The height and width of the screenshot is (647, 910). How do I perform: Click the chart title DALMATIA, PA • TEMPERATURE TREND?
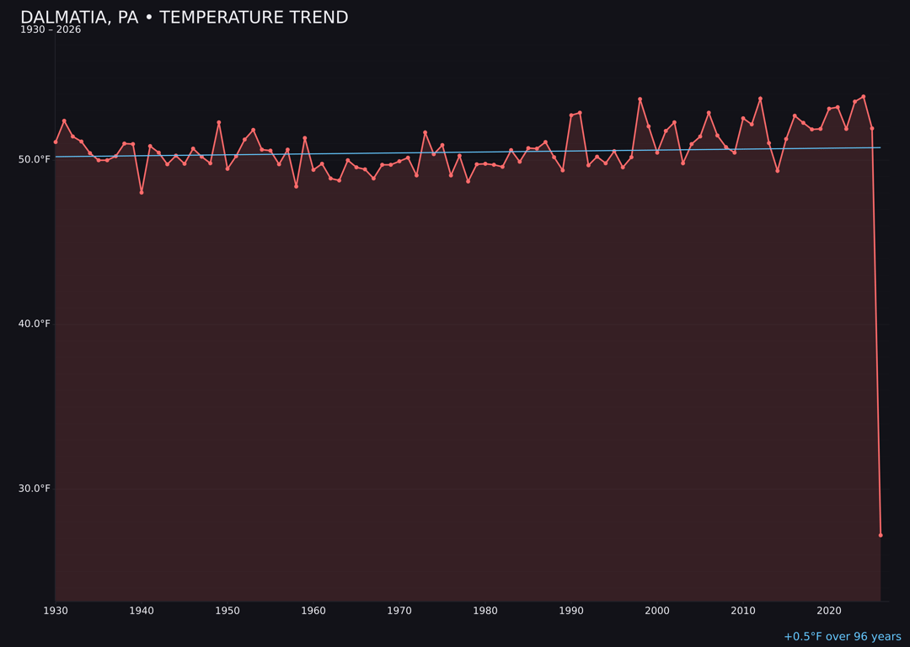click(184, 18)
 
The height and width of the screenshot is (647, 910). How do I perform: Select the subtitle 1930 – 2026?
click(51, 30)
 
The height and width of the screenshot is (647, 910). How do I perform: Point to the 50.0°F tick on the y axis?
click(35, 159)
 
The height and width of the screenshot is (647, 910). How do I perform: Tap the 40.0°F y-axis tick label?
click(35, 324)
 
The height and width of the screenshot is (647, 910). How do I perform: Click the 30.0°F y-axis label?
click(35, 489)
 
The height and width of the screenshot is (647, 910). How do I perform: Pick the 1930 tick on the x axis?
click(56, 611)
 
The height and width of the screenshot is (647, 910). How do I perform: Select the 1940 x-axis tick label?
click(142, 611)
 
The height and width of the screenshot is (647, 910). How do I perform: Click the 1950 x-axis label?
click(227, 611)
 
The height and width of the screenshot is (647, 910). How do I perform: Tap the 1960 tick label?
click(313, 611)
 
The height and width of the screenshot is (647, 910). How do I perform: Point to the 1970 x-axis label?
click(399, 611)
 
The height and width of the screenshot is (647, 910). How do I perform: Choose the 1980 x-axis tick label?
click(485, 611)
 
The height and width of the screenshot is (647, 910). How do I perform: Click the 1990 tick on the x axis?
click(571, 611)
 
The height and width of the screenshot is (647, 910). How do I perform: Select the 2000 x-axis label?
click(657, 611)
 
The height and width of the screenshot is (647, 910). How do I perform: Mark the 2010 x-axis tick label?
click(743, 611)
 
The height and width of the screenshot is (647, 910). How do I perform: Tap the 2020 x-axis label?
click(829, 611)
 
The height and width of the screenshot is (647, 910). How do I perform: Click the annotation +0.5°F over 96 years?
click(842, 637)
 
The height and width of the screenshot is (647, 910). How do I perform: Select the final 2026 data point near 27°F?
click(881, 535)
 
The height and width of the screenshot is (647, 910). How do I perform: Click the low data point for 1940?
click(142, 192)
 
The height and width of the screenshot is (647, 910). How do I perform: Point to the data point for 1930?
click(56, 142)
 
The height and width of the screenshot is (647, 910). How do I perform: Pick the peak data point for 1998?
click(640, 99)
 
